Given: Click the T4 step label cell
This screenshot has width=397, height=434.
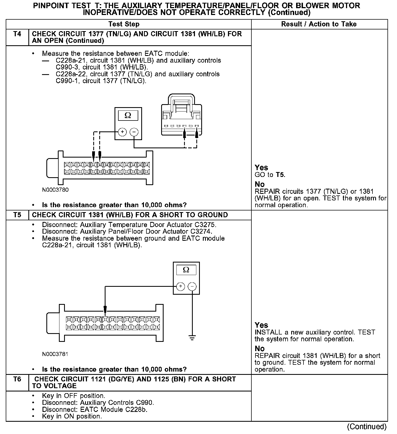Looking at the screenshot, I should [17, 34].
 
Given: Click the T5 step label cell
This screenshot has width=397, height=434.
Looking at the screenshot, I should [17, 215].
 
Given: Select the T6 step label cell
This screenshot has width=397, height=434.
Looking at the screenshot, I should [17, 379].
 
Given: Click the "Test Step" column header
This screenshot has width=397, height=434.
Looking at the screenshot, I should [124, 24].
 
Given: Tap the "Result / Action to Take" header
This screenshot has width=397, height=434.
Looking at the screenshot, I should [319, 24].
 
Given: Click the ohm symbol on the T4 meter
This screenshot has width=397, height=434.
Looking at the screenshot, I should [128, 116].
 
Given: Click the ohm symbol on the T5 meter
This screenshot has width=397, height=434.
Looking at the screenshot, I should [186, 270].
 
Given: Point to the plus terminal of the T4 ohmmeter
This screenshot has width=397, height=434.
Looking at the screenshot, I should [122, 132].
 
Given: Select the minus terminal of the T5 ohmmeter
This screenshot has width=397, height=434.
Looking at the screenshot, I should [192, 287].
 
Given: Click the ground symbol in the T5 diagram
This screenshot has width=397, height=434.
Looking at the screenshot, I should [192, 338].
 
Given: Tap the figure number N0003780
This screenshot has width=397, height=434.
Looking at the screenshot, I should [55, 190].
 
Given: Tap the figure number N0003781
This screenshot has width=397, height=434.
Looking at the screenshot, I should [55, 354].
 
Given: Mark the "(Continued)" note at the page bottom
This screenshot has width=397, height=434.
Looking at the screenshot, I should [367, 427].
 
